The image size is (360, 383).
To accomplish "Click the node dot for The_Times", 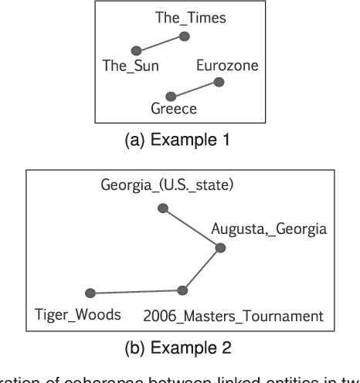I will (x=184, y=36).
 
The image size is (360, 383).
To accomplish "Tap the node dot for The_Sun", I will (x=136, y=50).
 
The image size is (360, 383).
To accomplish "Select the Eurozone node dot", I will (x=219, y=81).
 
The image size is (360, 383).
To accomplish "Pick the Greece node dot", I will (x=172, y=97).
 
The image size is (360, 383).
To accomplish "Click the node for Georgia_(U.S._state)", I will (x=162, y=207).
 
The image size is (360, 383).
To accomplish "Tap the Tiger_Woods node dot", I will (x=90, y=293).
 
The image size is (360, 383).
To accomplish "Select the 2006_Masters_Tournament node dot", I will (x=182, y=290).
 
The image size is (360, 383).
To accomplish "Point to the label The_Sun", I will (x=131, y=66).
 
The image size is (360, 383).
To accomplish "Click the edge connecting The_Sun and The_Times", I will (x=160, y=42).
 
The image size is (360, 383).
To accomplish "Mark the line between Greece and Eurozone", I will (x=195, y=89).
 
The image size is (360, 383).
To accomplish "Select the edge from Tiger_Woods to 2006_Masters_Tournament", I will (x=136, y=292).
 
